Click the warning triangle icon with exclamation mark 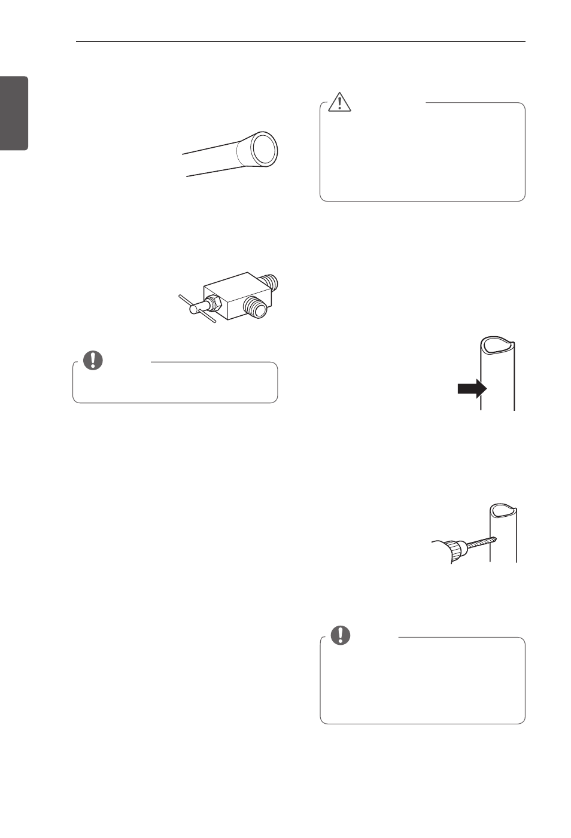(x=340, y=102)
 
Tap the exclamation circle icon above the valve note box (x=93, y=360)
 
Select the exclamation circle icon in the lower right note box (x=341, y=635)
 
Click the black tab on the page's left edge (x=14, y=113)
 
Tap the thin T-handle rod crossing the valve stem (x=197, y=309)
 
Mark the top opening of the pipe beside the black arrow (x=497, y=345)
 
